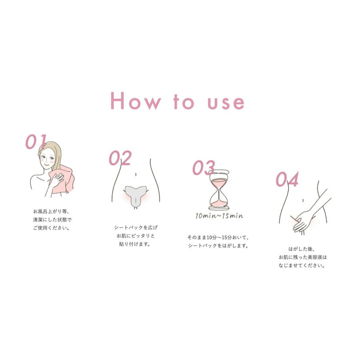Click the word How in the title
click(x=135, y=101)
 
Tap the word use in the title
click(x=226, y=102)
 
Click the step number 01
click(x=36, y=142)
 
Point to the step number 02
click(x=120, y=158)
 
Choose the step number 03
click(x=204, y=168)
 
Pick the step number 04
click(x=287, y=180)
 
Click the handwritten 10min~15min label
click(x=219, y=216)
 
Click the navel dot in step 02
click(x=136, y=174)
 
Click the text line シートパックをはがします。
click(x=218, y=246)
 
